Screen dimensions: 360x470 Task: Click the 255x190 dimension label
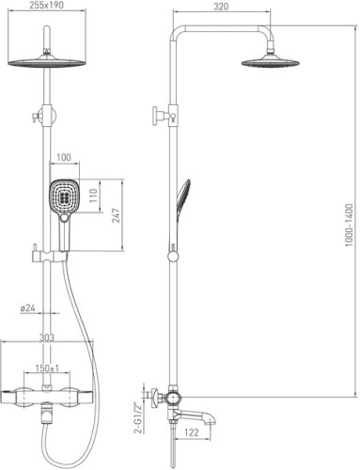(x=46, y=5)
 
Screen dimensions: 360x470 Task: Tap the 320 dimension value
(x=221, y=7)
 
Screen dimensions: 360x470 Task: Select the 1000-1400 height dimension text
(x=349, y=225)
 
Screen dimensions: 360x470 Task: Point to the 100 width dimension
(x=64, y=157)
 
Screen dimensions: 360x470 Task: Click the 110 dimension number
(x=94, y=196)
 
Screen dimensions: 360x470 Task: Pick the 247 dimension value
(x=117, y=215)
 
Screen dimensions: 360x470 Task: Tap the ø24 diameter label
(x=27, y=308)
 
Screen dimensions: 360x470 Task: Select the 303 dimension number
(x=47, y=337)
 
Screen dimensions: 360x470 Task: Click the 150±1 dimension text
(x=47, y=368)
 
